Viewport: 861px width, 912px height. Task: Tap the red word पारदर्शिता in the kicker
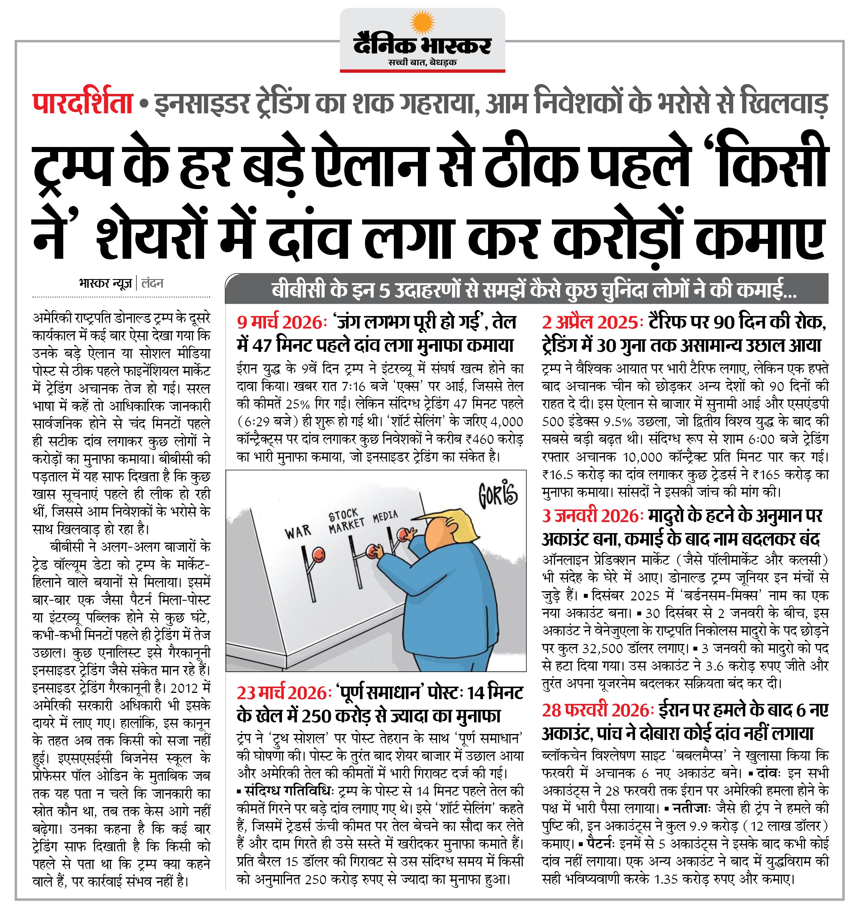tap(83, 104)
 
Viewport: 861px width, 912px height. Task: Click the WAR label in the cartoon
tap(297, 532)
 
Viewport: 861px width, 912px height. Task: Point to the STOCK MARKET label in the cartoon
tap(346, 521)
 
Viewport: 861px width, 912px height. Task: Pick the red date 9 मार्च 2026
tap(280, 323)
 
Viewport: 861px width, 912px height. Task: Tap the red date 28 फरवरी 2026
tap(596, 710)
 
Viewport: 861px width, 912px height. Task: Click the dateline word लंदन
tap(152, 283)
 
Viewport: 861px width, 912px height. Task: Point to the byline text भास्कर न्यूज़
tap(106, 283)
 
